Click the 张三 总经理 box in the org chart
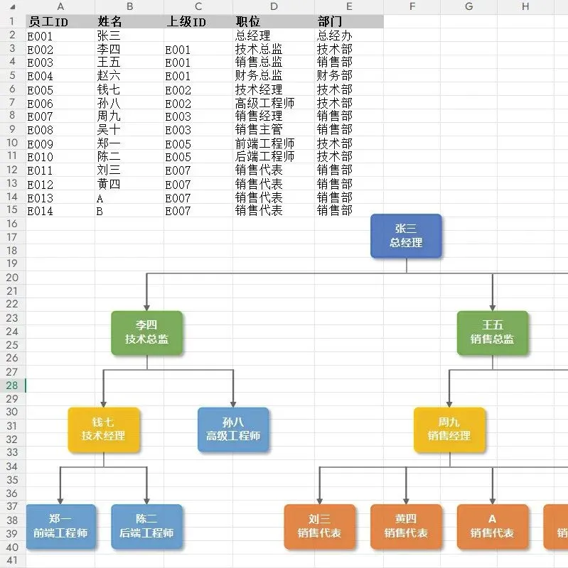[406, 236]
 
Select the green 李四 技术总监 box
[146, 332]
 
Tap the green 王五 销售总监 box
[492, 332]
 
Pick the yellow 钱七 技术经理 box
[103, 430]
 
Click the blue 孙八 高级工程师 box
[233, 430]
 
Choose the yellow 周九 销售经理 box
[449, 430]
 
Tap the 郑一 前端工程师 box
[60, 526]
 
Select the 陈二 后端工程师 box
[146, 526]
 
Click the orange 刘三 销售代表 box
[319, 526]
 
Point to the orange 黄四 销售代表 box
[406, 526]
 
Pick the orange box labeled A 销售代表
[492, 526]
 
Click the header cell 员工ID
[48, 21]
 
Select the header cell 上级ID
[186, 21]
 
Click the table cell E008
[41, 130]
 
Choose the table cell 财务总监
[259, 75]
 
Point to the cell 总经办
[334, 35]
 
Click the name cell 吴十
[109, 130]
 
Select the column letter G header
[468, 6]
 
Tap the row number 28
[12, 385]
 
